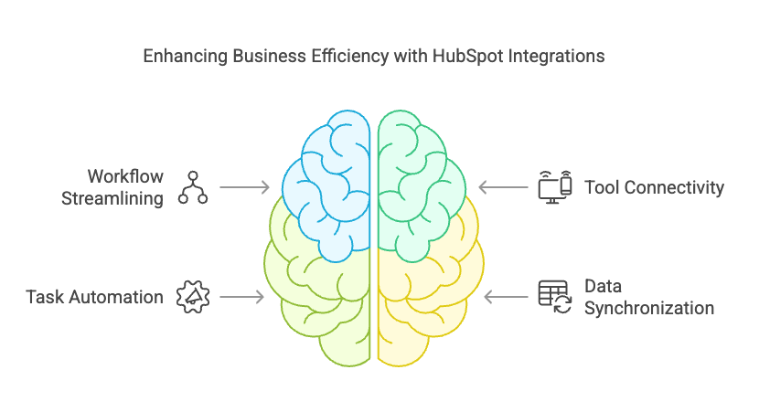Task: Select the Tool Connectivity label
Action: pos(654,187)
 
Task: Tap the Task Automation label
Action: pos(94,297)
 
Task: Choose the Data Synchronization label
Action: pos(649,297)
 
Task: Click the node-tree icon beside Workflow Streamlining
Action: pos(193,187)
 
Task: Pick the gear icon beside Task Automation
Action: pos(193,297)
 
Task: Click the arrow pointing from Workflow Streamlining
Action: pos(244,187)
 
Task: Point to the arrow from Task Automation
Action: pos(242,297)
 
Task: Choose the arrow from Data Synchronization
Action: pos(506,297)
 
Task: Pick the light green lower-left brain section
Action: pos(315,292)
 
